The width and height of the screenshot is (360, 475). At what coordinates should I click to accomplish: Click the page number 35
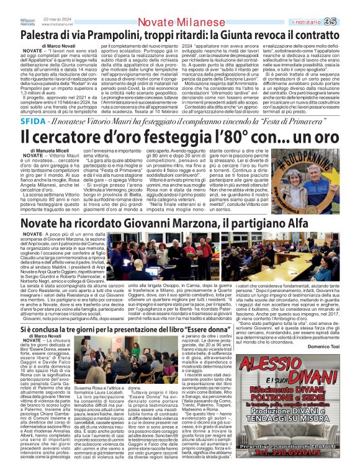tap(347, 6)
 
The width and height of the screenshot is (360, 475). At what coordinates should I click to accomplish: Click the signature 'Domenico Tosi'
tap(336, 345)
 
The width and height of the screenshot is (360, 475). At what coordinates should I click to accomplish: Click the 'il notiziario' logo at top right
tap(323, 6)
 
